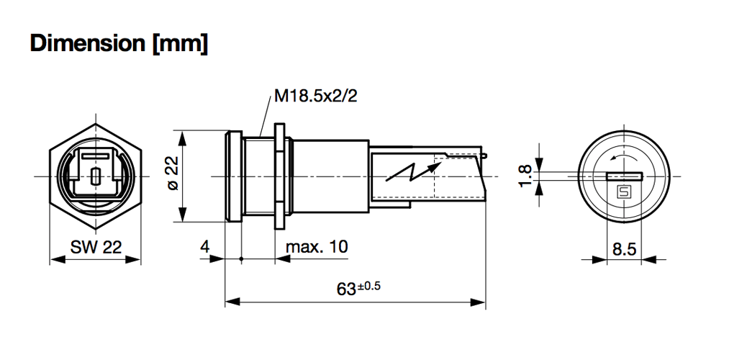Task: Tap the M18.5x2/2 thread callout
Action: pos(315,96)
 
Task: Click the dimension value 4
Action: pos(204,247)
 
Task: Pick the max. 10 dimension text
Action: pos(317,247)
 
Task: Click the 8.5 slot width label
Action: pos(623,249)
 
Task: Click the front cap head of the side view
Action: pos(232,176)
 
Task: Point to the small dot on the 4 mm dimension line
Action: pos(241,258)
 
